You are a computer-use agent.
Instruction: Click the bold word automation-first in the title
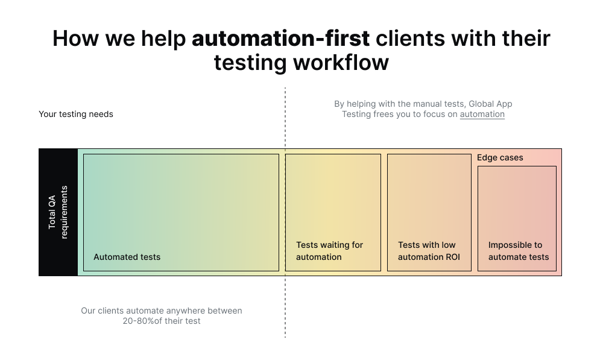coord(280,39)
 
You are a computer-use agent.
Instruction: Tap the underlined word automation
coord(482,114)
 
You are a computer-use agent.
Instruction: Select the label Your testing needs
coord(76,114)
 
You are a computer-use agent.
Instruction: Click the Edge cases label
coord(500,157)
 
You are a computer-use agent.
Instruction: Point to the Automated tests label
coord(127,257)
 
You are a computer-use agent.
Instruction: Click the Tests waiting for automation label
coord(329,251)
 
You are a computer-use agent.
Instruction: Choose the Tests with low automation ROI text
coord(428,251)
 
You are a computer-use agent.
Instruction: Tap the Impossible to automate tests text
coord(518,251)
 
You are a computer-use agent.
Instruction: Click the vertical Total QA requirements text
coord(58,212)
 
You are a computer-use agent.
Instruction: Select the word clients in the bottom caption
coord(112,311)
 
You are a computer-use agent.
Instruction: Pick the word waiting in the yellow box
coord(336,245)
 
